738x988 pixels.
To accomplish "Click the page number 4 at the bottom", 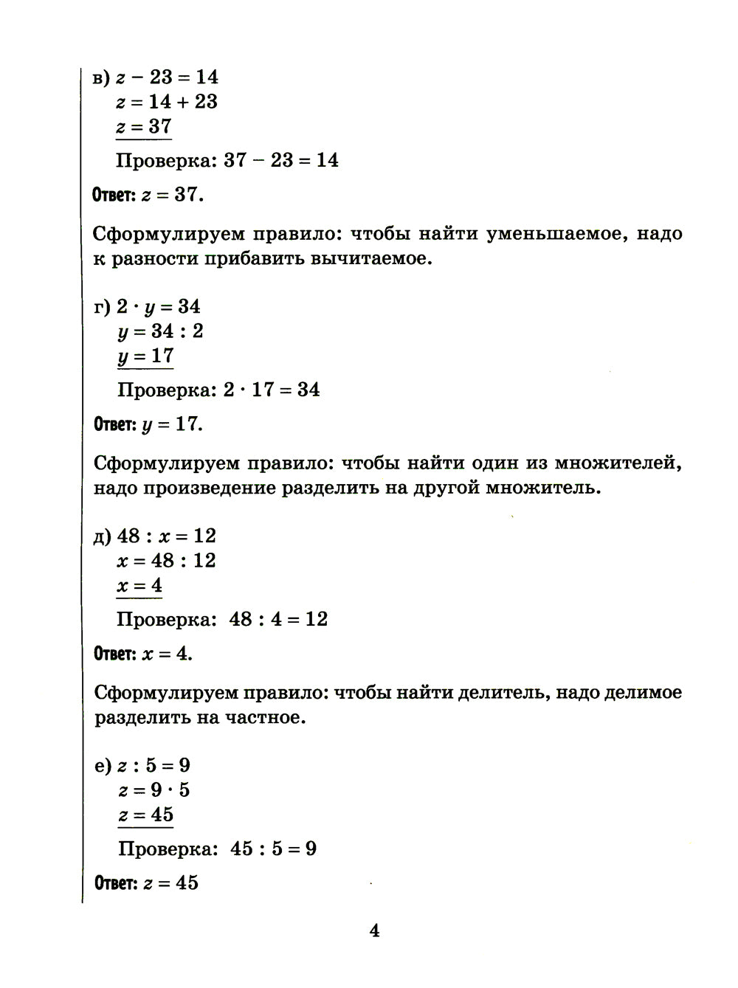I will (x=374, y=931).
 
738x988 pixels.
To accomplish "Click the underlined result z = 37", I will (x=144, y=126).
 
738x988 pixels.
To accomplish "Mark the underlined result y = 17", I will (x=145, y=356).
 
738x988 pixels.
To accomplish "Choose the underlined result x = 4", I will (x=139, y=586).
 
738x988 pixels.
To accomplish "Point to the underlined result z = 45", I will (x=145, y=815).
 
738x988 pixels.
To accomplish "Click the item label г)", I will (x=103, y=307).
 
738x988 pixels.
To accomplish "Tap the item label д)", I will (x=103, y=536).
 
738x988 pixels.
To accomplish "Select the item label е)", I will (x=103, y=766).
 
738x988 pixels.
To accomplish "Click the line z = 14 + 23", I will (x=167, y=102).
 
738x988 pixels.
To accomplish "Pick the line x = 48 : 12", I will (x=166, y=561).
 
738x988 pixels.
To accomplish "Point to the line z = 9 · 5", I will (x=154, y=790).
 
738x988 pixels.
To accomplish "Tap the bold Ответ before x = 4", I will (x=115, y=654).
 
